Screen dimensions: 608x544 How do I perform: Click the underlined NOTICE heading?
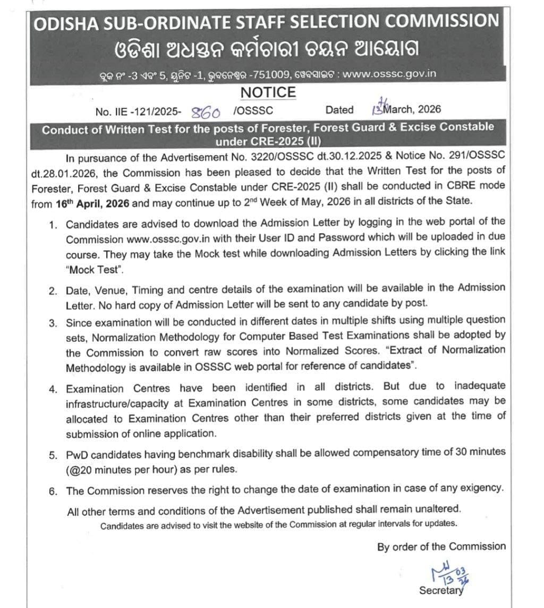[268, 92]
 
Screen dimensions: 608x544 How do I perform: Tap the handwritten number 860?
[205, 111]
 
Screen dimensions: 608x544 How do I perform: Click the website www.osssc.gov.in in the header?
[389, 74]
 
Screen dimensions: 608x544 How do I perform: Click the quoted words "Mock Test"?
[95, 270]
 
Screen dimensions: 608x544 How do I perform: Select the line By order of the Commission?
[441, 546]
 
